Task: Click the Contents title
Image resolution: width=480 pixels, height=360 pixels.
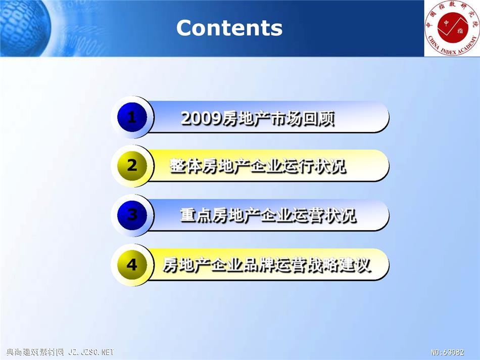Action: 229,28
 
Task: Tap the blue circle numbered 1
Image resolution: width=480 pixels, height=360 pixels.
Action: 132,117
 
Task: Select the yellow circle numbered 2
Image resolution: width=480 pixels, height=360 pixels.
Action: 132,166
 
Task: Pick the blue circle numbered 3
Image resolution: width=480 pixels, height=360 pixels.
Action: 132,215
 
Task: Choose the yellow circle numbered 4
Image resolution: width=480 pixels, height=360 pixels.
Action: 132,264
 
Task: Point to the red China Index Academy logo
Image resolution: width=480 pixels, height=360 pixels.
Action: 452,28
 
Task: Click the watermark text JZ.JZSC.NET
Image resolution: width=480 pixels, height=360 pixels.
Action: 91,352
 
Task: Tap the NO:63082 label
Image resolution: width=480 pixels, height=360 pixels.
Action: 448,352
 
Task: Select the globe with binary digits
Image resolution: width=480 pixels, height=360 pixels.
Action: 24,28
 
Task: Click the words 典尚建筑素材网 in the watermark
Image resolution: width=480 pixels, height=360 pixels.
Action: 35,352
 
